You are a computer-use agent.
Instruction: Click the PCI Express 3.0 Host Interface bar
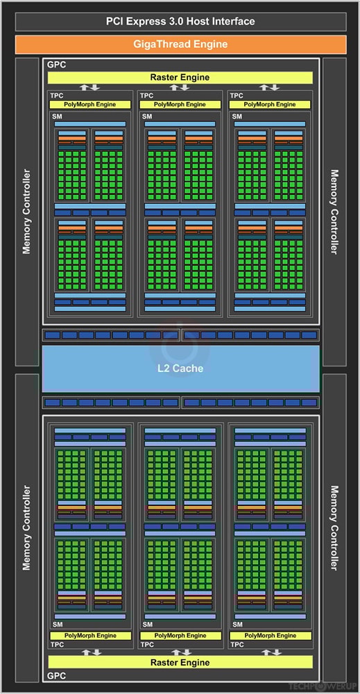click(x=180, y=22)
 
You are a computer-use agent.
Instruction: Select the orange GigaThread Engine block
click(x=180, y=44)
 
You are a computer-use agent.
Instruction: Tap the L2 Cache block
click(x=180, y=368)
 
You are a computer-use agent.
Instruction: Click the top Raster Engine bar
click(x=180, y=77)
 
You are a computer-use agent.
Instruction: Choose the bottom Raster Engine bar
click(x=180, y=663)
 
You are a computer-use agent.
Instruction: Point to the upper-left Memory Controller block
click(x=27, y=211)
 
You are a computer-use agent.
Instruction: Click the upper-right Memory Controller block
click(x=334, y=211)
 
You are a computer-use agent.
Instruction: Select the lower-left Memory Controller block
click(x=27, y=528)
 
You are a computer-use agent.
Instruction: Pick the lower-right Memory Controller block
click(x=334, y=528)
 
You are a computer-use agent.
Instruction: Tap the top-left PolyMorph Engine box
click(x=90, y=104)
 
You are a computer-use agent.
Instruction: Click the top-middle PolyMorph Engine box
click(x=180, y=104)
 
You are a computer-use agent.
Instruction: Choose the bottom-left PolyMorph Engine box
click(x=90, y=635)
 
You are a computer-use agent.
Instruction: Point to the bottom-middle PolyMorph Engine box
click(x=180, y=635)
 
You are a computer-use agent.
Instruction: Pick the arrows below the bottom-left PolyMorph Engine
click(x=90, y=652)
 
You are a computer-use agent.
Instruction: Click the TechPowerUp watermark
click(x=330, y=687)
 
